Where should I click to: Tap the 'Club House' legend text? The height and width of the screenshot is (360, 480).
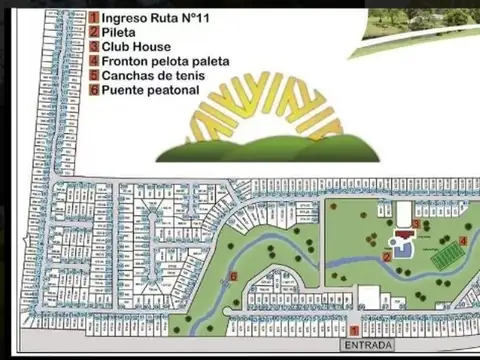click(137, 46)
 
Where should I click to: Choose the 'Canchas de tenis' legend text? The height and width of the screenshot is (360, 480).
click(151, 75)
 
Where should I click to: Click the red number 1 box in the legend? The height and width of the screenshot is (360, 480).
click(93, 17)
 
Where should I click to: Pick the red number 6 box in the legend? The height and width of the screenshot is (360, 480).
click(93, 89)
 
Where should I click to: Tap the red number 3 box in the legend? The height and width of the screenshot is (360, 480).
click(93, 46)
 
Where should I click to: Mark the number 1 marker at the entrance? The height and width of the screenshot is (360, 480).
click(353, 329)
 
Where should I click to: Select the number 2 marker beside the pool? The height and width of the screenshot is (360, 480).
click(387, 256)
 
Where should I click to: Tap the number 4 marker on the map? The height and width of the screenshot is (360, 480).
click(462, 241)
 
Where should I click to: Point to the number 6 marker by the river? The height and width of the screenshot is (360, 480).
click(233, 276)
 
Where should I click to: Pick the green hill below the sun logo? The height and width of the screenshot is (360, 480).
click(270, 147)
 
